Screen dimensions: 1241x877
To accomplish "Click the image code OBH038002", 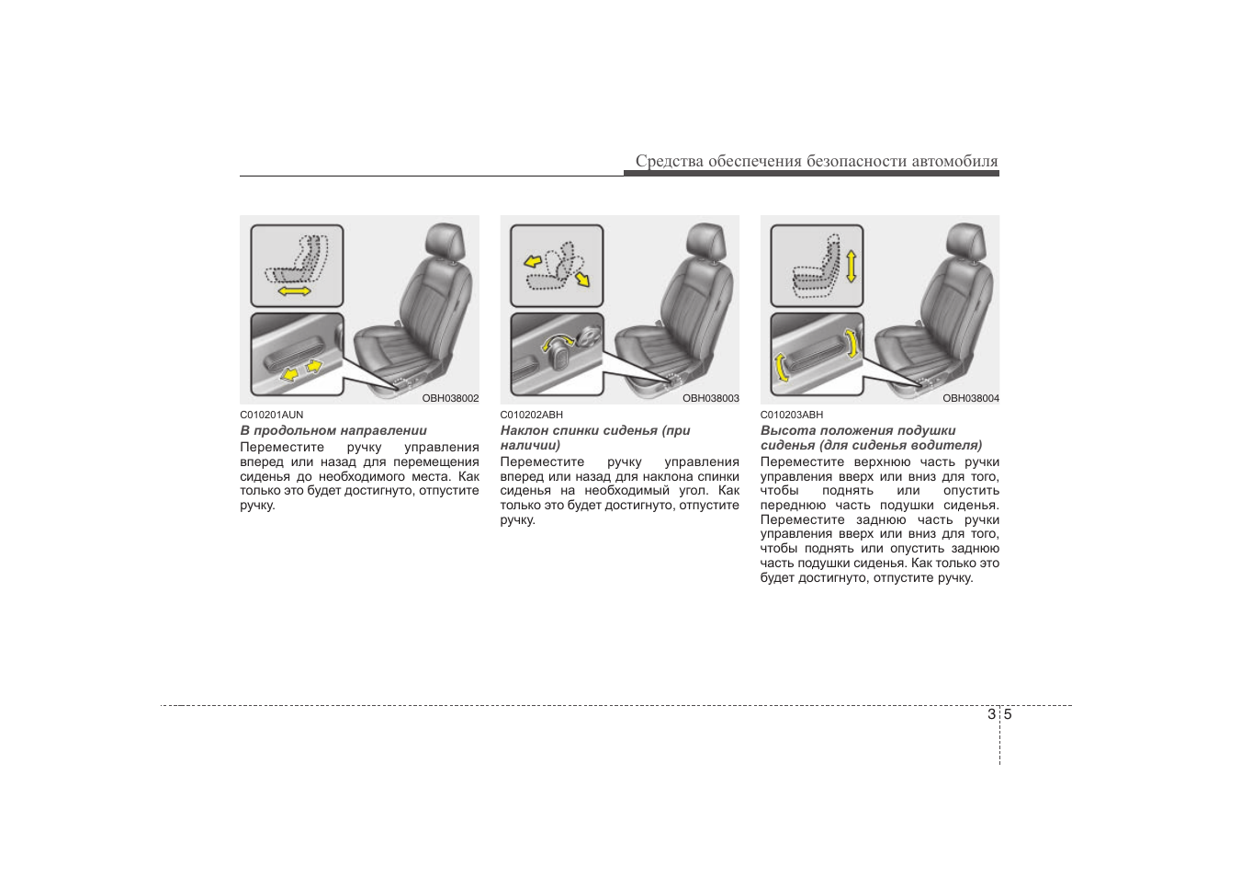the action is (450, 399).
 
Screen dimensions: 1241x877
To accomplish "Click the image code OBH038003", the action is (711, 399).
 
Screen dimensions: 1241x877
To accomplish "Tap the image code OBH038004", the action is (971, 399).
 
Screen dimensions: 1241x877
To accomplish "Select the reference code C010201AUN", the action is (272, 415).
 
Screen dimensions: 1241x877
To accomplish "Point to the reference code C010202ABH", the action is (531, 415).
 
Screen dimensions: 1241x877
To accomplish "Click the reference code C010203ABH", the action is (792, 415).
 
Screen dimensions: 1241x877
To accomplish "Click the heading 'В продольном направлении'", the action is (333, 431).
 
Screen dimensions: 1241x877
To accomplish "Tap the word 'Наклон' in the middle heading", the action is (525, 431).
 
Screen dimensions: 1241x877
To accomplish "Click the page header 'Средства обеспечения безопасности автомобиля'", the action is (817, 161).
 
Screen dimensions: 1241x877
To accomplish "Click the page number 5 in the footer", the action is (1008, 714).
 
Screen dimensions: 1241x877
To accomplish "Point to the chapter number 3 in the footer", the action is (991, 714).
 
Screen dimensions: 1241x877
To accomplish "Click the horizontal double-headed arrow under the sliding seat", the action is (294, 291).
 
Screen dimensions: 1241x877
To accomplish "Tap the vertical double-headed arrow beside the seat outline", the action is (852, 266).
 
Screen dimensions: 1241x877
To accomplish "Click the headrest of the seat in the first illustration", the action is (445, 241).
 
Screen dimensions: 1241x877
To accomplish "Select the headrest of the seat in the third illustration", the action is (965, 241).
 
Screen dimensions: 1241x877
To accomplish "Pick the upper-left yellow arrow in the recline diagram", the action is (533, 261).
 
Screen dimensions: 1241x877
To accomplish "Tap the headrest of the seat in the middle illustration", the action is (705, 241).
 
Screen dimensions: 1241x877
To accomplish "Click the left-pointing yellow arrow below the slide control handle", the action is (289, 375).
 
